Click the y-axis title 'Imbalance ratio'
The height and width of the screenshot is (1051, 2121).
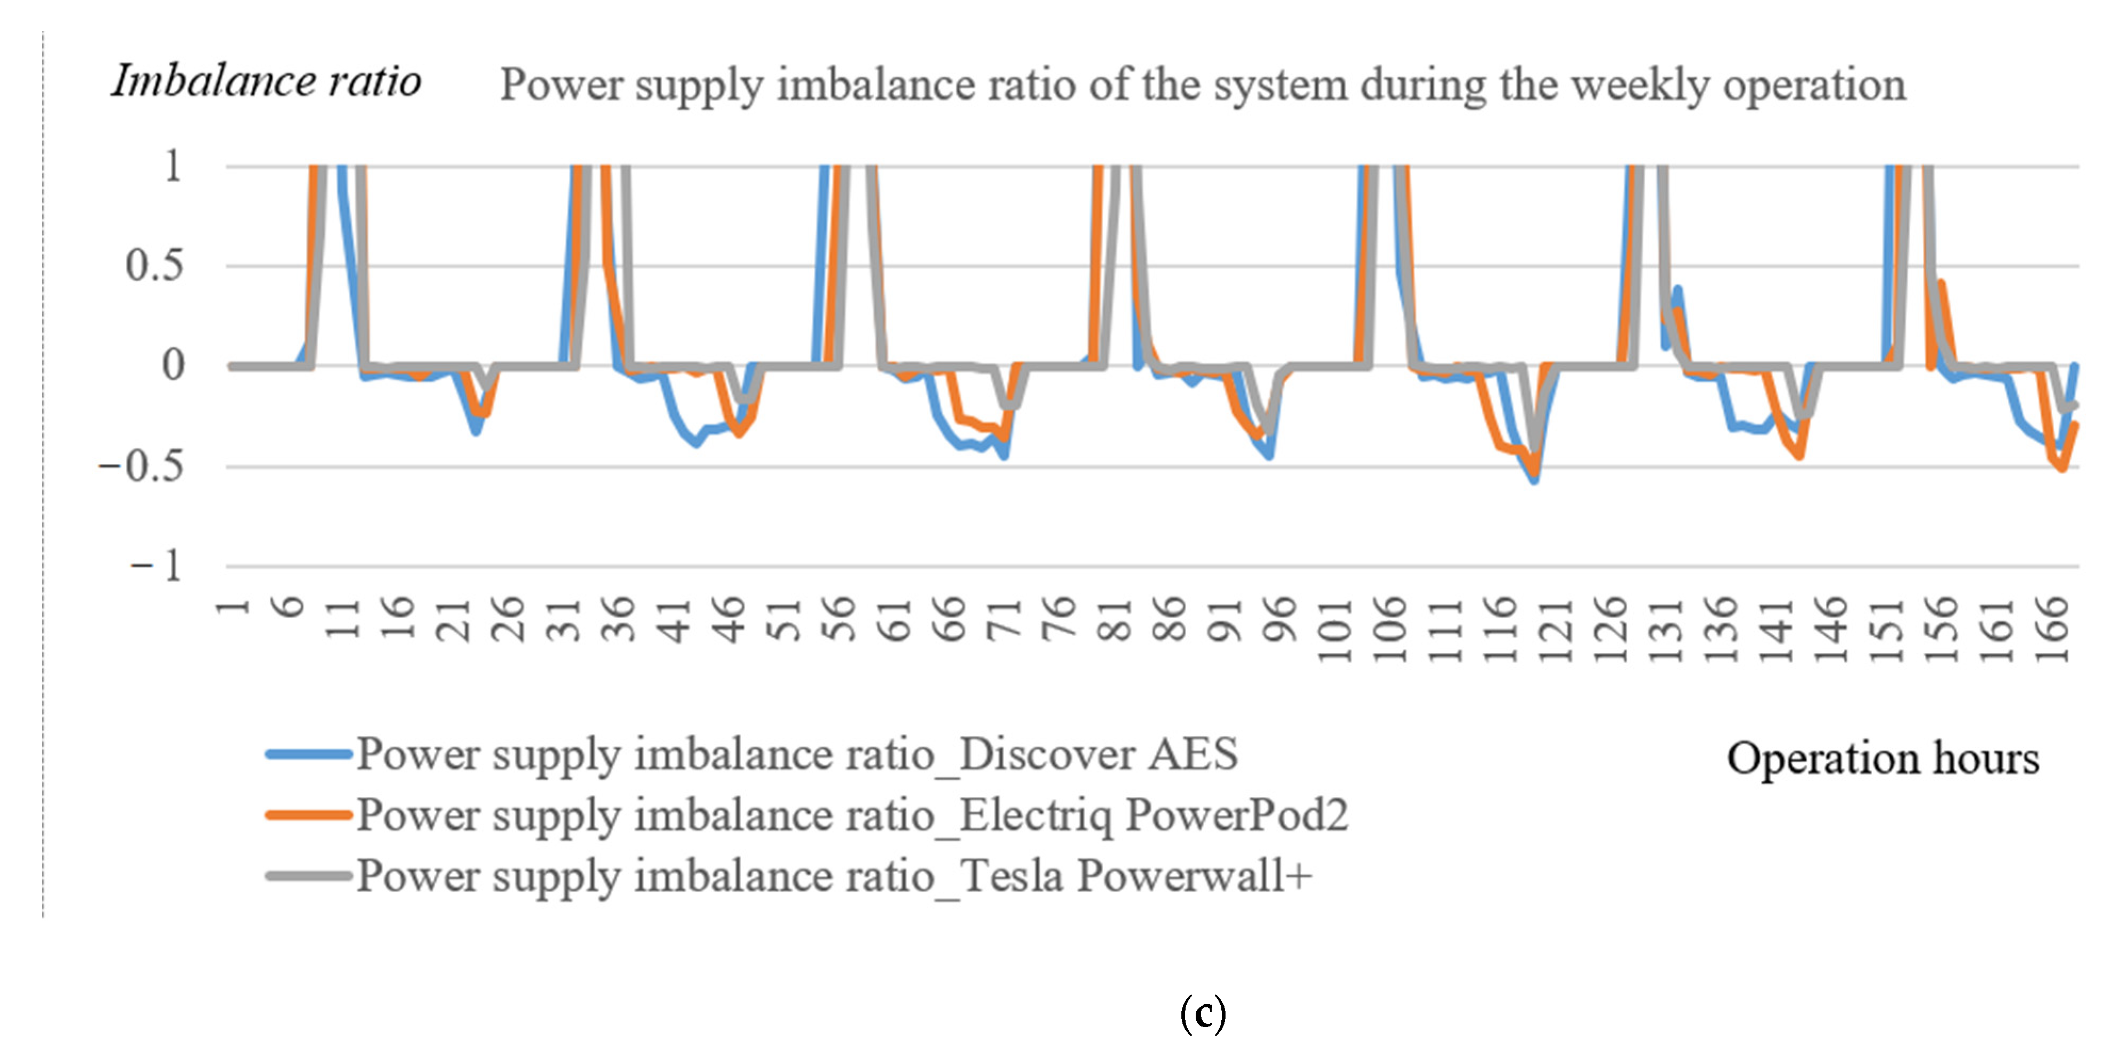point(266,82)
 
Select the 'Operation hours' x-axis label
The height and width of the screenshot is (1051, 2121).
point(1882,758)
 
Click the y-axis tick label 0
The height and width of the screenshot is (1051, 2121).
point(173,366)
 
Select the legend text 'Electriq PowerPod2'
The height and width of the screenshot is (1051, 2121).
point(1153,816)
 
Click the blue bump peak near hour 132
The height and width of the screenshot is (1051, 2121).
point(1677,289)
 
